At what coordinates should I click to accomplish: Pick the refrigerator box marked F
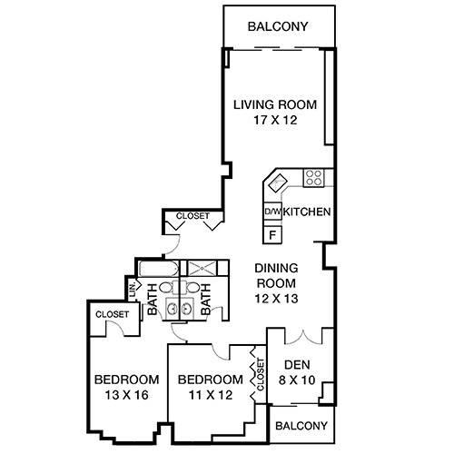point(271,233)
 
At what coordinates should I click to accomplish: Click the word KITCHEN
point(305,212)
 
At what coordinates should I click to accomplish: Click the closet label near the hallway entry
point(192,216)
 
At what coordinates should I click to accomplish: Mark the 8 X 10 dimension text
point(298,380)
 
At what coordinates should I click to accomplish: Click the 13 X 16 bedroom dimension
point(126,395)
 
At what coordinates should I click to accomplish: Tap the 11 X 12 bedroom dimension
point(210,395)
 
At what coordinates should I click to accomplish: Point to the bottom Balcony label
point(296,426)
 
